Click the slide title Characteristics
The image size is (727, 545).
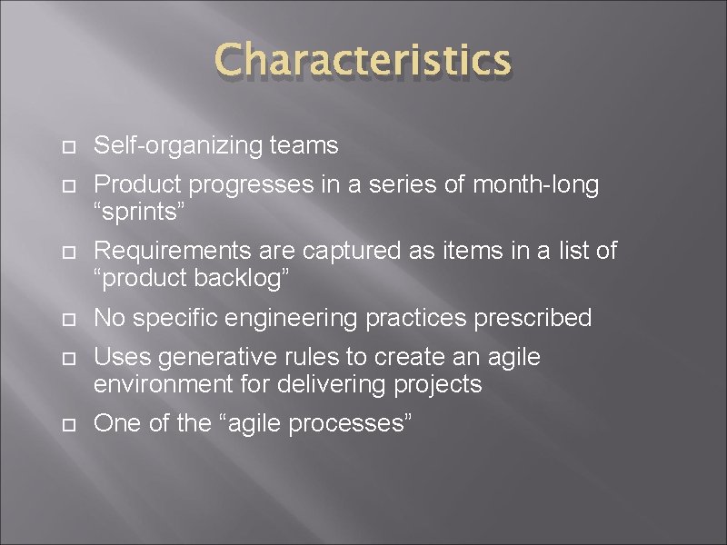363,61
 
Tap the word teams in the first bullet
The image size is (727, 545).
311,145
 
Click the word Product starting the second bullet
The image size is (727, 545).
137,185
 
